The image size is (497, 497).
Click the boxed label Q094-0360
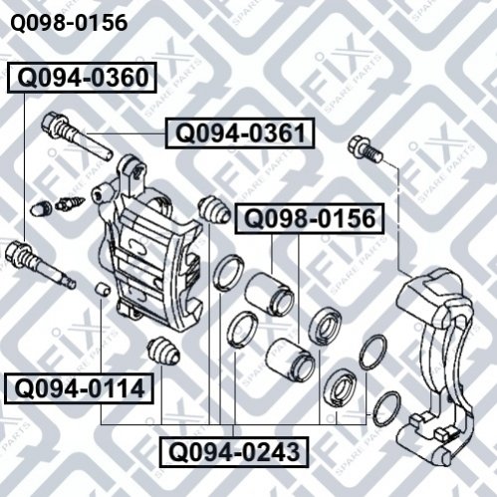tap(82, 78)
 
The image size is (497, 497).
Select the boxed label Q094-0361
tap(240, 132)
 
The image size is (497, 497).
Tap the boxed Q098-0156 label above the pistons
tap(310, 219)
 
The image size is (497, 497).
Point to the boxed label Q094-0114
tap(79, 388)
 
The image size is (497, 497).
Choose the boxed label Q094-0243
tap(234, 452)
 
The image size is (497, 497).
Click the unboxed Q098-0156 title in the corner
tap(69, 23)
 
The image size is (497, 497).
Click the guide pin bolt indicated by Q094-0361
tap(77, 136)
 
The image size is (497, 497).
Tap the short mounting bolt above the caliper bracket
tap(366, 148)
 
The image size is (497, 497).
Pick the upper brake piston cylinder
tap(269, 294)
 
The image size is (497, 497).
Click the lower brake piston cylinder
tap(290, 360)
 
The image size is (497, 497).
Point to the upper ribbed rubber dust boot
tap(214, 210)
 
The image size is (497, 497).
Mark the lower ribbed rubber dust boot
tap(163, 351)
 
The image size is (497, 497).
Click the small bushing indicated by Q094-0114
tap(103, 289)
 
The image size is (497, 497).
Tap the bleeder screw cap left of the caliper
tap(41, 208)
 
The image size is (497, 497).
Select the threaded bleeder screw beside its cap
tap(70, 203)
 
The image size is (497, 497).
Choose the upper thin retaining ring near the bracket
tap(373, 353)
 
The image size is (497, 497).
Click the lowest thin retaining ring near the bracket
tap(386, 409)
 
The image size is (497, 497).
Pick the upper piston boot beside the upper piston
tap(325, 326)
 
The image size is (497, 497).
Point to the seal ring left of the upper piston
tap(228, 273)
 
